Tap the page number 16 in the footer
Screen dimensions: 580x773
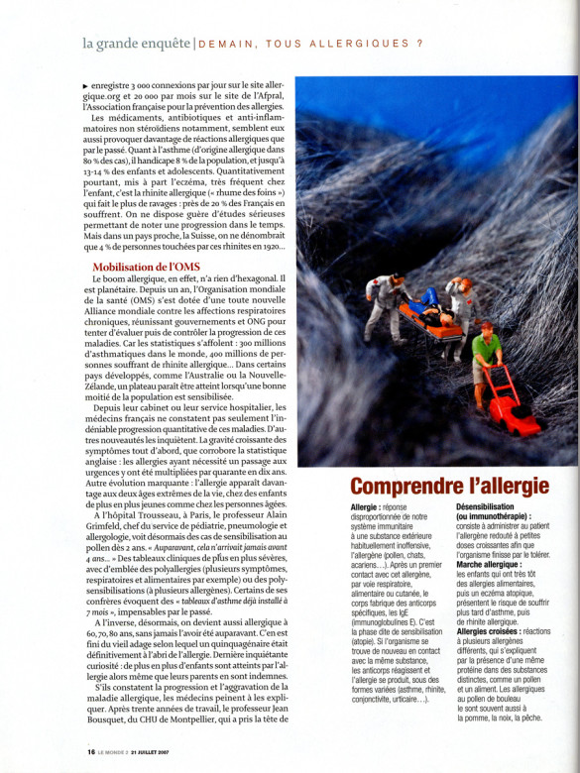pyautogui.click(x=91, y=750)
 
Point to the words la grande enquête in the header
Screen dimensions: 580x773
pyautogui.click(x=137, y=43)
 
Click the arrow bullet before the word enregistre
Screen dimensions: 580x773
pyautogui.click(x=85, y=87)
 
